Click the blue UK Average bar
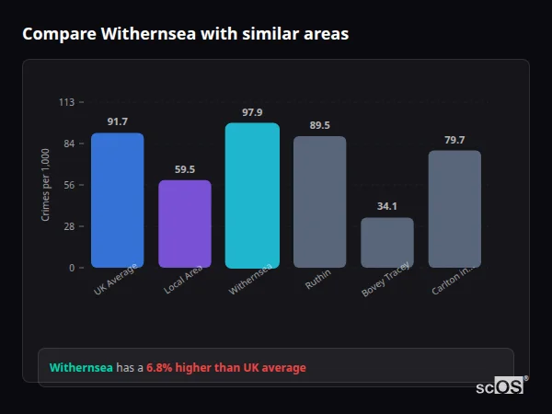coord(117,201)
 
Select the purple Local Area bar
coord(185,224)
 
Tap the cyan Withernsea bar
coord(252,195)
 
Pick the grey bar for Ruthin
coord(319,201)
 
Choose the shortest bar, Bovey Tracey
coord(386,243)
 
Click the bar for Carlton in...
coord(454,209)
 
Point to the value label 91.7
coord(117,122)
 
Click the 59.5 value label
coord(185,169)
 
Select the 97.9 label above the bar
coord(252,112)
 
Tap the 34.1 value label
coord(386,207)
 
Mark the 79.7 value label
coord(454,140)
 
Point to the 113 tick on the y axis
coord(66,102)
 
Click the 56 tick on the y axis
coord(69,185)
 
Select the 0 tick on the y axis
coord(71,268)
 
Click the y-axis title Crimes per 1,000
coord(46,185)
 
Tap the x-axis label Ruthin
coord(318,281)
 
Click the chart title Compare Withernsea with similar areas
coord(185,34)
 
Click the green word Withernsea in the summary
coord(81,368)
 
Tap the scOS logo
coord(500,386)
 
